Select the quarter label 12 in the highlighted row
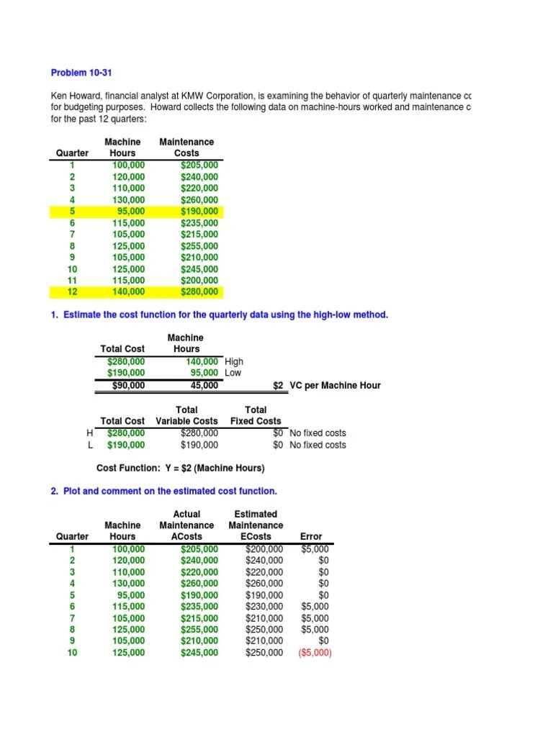point(72,291)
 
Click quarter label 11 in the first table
point(72,280)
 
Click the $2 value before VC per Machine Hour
point(279,385)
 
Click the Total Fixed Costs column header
point(256,415)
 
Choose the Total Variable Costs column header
point(186,415)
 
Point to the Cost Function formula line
point(181,468)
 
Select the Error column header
point(310,536)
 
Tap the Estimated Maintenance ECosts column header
point(256,525)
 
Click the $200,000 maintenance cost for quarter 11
point(199,280)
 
